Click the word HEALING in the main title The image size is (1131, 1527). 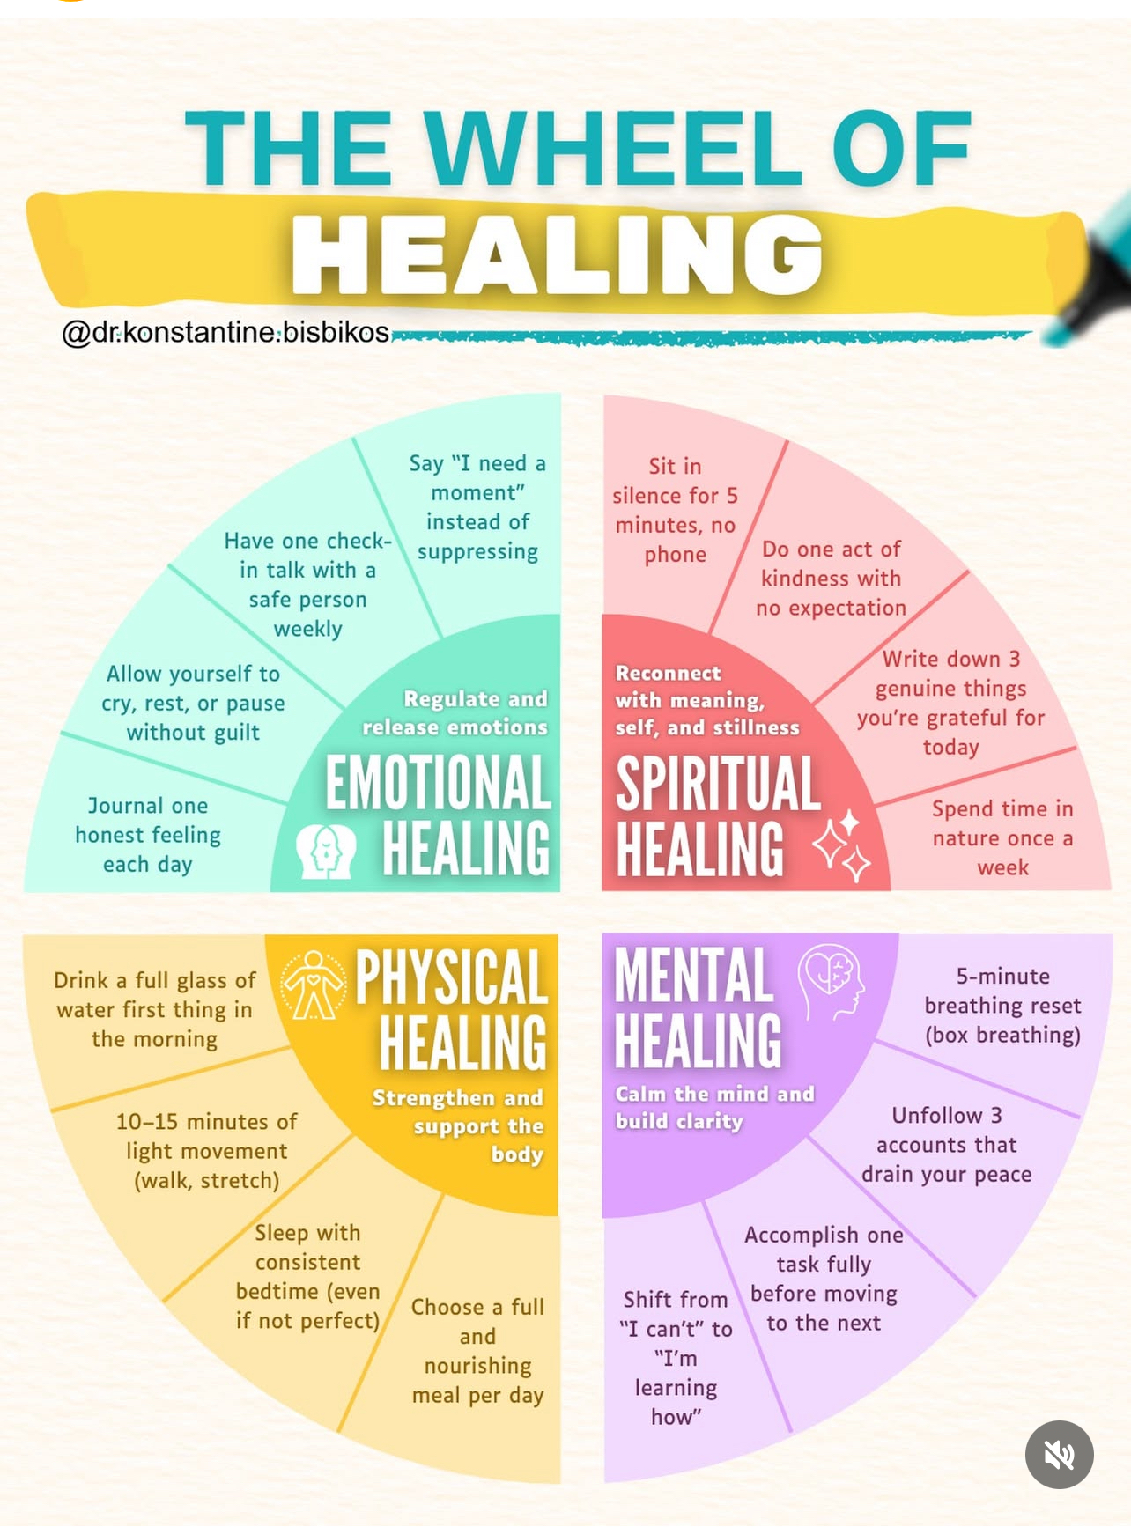click(557, 254)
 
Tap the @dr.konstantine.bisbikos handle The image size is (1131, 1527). click(225, 332)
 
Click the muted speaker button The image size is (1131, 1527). click(1059, 1454)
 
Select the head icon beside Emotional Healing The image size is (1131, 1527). click(326, 851)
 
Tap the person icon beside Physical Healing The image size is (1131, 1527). click(313, 985)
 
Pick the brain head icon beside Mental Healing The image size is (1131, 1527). click(831, 979)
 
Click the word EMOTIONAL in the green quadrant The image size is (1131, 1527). click(438, 783)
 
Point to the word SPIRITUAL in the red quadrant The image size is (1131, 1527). click(718, 784)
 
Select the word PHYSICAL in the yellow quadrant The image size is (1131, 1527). click(451, 978)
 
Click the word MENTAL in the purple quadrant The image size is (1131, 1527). click(694, 975)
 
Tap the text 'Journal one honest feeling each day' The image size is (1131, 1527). click(148, 835)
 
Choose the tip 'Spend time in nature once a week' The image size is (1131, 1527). click(1002, 837)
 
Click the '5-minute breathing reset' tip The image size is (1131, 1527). click(1002, 1005)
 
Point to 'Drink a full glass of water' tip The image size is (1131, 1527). click(154, 1009)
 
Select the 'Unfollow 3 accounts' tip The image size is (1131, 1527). click(947, 1144)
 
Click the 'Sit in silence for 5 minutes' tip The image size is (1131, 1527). click(675, 510)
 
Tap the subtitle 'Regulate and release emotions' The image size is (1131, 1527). click(455, 712)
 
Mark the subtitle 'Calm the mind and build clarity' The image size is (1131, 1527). click(714, 1107)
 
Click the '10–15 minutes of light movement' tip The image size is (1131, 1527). click(206, 1150)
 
